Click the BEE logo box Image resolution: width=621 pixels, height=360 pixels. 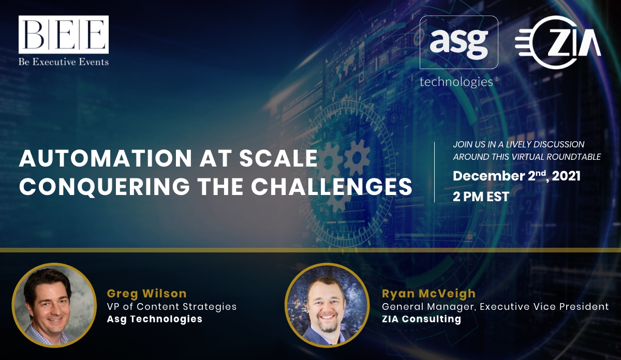(x=64, y=34)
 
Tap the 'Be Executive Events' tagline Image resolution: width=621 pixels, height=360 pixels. (x=64, y=62)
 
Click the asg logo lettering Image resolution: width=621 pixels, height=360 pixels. (x=459, y=41)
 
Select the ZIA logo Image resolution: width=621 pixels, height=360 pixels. (x=558, y=42)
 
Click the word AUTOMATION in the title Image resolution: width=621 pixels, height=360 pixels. (x=106, y=158)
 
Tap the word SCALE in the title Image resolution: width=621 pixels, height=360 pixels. (x=278, y=158)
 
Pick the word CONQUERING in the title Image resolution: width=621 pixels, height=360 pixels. (x=105, y=186)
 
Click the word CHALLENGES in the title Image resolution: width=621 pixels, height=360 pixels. (x=332, y=186)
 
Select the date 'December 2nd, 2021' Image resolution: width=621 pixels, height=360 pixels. (x=516, y=176)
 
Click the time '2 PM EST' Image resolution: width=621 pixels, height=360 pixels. (x=481, y=197)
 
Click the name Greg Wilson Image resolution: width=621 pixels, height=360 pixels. (x=146, y=293)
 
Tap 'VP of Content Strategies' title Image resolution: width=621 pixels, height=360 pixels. (x=172, y=307)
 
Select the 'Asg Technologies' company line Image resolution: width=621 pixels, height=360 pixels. (x=154, y=319)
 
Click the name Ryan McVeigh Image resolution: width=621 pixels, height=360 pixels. (x=428, y=293)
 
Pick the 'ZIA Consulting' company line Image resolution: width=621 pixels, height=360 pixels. (x=421, y=319)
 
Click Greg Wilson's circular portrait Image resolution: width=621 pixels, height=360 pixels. (x=54, y=305)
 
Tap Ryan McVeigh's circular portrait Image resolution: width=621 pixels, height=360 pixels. (x=327, y=305)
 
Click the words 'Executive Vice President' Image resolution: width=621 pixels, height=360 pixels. (x=544, y=307)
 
